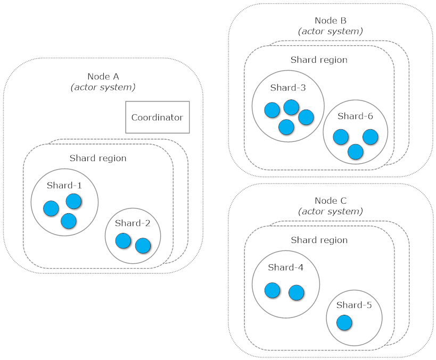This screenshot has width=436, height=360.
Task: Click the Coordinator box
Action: pos(157,118)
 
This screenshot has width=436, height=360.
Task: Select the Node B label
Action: pos(330,21)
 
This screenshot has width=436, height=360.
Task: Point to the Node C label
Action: pos(330,200)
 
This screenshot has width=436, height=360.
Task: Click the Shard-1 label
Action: pos(64,186)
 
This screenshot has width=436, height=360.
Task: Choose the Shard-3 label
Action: pos(287,88)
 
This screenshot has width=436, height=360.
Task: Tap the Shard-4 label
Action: pos(286,267)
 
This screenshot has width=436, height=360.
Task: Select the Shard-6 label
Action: pos(355,116)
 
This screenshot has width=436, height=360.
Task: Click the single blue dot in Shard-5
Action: pos(344,322)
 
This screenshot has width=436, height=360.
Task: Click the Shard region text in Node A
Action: pos(98,158)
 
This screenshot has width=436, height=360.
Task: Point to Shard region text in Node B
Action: pos(319,60)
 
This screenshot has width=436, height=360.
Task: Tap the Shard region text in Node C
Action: pos(319,240)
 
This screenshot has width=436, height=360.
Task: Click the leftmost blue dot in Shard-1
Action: pos(51,208)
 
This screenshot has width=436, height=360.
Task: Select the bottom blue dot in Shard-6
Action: pos(355,152)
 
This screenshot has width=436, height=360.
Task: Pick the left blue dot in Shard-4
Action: pos(272,290)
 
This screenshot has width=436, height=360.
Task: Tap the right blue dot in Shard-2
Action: pos(143,246)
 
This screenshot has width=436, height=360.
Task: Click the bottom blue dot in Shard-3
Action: pos(286,127)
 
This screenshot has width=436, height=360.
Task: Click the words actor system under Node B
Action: pos(330,31)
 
